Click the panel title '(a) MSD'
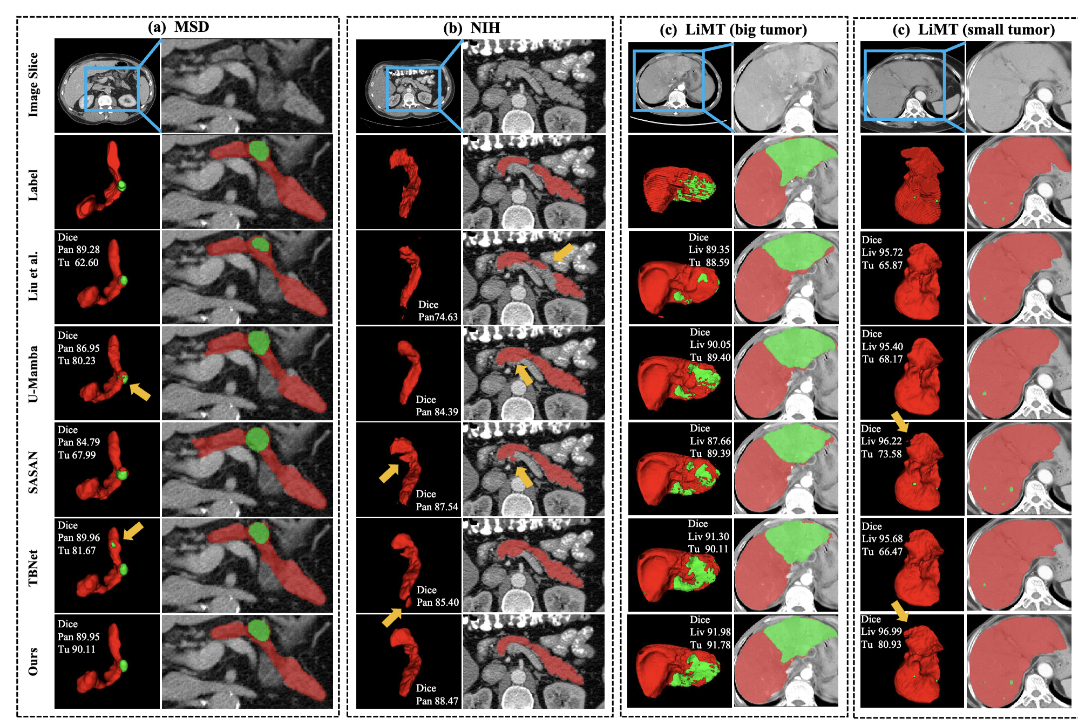point(178,27)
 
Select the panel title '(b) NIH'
point(471,28)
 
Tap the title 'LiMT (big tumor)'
point(746,29)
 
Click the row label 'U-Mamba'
point(33,374)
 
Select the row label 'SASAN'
point(33,472)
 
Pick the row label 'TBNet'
point(33,567)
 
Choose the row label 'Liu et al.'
point(33,276)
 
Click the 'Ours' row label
point(33,661)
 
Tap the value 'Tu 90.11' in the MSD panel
point(77,649)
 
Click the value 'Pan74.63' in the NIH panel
point(438,317)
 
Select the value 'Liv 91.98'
point(710,632)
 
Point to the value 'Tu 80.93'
point(881,645)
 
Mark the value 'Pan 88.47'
point(437,701)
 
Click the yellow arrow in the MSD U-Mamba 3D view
point(140,392)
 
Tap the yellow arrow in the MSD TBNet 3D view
point(133,530)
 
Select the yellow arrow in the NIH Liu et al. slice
point(564,252)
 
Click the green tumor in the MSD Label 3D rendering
point(123,186)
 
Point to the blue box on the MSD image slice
point(112,89)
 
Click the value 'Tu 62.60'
point(78,263)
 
